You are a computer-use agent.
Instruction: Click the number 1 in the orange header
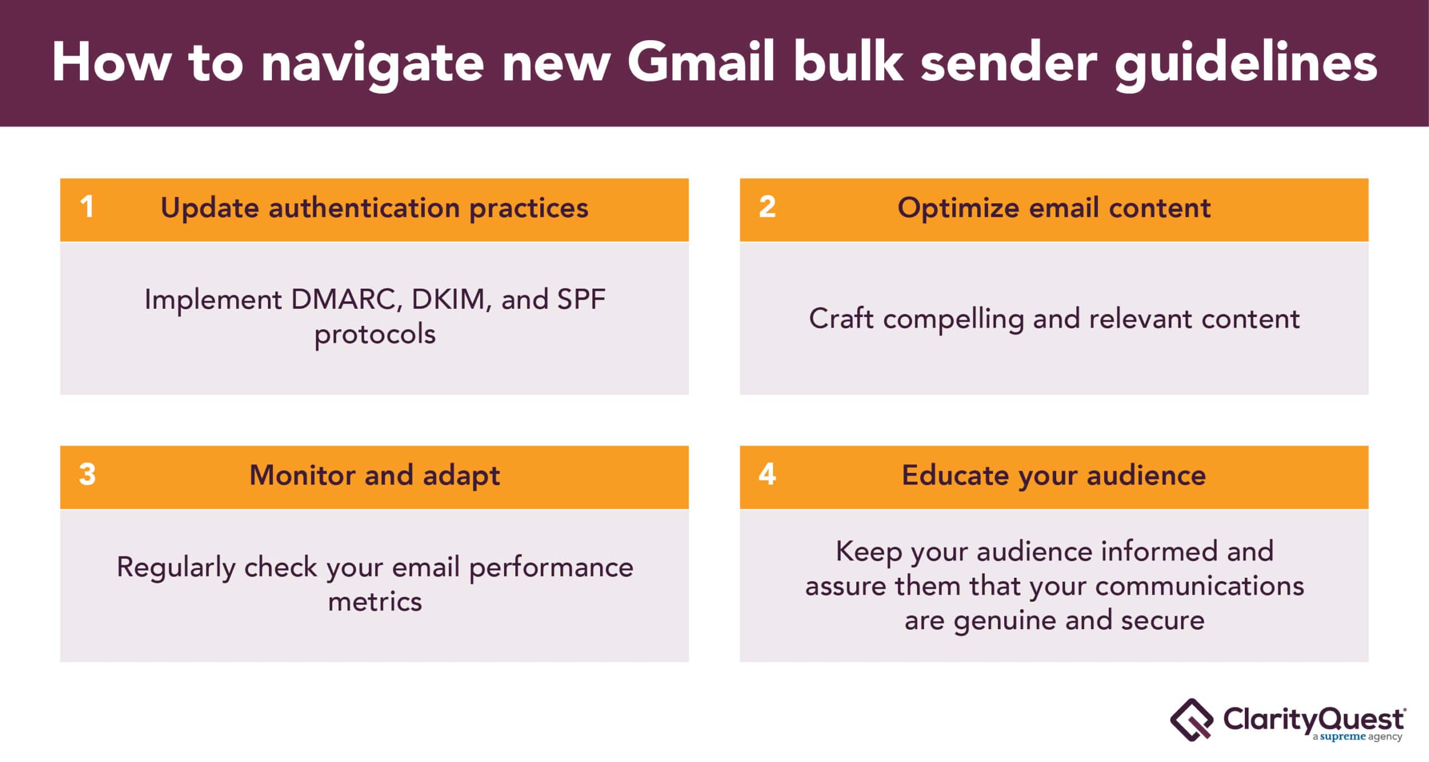87,207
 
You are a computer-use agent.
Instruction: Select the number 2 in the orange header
767,207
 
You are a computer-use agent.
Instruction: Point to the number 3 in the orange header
87,475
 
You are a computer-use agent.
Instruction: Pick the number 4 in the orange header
767,475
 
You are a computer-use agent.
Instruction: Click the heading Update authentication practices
375,209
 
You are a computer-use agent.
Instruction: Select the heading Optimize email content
1054,209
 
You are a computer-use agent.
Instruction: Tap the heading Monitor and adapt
375,476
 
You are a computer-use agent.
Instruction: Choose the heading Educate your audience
1054,476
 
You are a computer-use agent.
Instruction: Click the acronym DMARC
347,300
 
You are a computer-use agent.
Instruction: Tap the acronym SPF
581,299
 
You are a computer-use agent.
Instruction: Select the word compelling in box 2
953,320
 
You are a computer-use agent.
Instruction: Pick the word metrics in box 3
375,602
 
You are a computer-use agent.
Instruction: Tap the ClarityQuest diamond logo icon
1191,720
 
